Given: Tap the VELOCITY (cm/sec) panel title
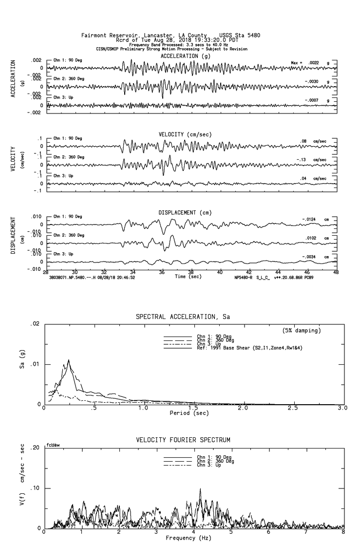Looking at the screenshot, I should point(186,134).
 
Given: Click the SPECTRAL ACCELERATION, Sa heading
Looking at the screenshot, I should point(183,317).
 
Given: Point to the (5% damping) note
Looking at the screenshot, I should point(302,331).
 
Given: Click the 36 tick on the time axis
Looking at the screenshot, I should point(162,273).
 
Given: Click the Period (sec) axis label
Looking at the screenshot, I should point(187,413).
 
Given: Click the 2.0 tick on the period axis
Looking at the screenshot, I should point(243,408).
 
